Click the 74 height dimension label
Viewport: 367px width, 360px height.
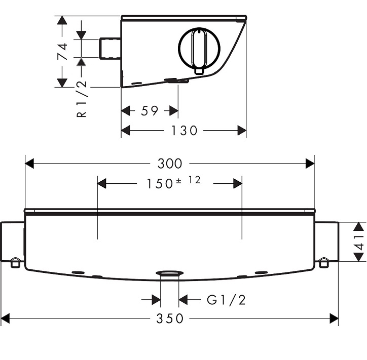[63, 52]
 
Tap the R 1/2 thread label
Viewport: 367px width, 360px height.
[82, 99]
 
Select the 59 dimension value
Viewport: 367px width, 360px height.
[150, 110]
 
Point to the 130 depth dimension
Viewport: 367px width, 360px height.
[185, 131]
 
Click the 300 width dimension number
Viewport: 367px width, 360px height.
[170, 164]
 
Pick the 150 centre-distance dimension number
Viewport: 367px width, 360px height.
[159, 183]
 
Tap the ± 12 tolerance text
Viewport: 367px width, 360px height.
[188, 180]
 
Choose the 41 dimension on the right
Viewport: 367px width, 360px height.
[360, 242]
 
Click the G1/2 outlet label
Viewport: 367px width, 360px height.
[226, 300]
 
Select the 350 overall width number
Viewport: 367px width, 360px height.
[170, 318]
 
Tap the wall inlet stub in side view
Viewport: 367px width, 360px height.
[111, 48]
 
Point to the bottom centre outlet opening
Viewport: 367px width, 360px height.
[170, 273]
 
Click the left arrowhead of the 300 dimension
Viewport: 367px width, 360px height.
[29, 164]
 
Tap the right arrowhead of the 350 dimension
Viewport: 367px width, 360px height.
[334, 318]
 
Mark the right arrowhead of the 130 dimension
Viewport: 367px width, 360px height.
[242, 131]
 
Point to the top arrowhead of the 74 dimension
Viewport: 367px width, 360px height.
[62, 20]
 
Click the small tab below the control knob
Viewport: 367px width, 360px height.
[199, 71]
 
